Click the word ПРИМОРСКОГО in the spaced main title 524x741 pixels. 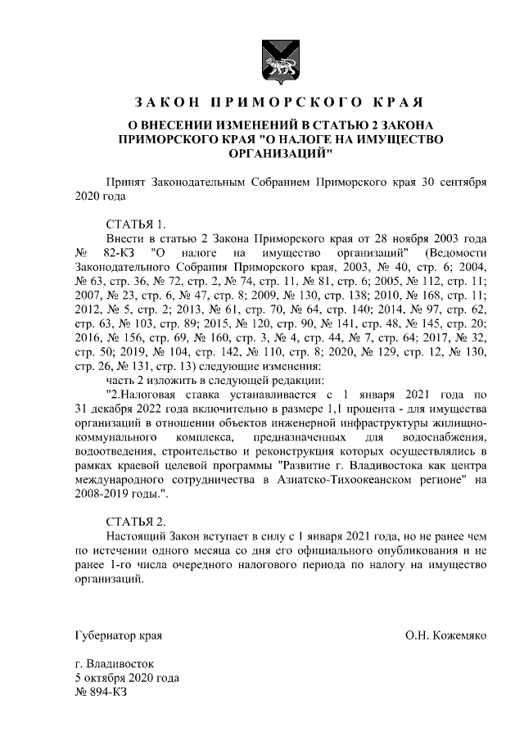271,103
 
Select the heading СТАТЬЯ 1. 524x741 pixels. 136,224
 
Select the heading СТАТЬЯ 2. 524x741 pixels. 136,521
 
